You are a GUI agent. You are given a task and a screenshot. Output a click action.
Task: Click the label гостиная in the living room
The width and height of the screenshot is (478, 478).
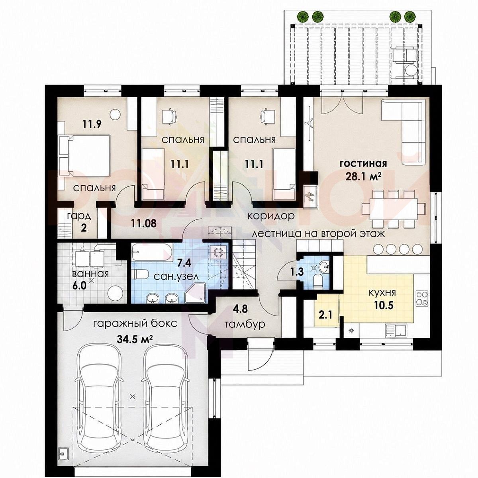click(x=363, y=164)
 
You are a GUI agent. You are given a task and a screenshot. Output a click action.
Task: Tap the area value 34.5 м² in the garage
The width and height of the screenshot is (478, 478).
click(x=134, y=339)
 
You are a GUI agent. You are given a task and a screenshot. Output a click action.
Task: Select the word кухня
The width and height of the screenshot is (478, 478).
click(x=382, y=293)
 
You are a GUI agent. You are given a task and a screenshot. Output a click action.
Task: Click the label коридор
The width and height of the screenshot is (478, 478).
click(x=271, y=216)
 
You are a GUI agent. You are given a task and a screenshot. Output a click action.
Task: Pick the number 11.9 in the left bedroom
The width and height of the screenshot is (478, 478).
click(x=92, y=123)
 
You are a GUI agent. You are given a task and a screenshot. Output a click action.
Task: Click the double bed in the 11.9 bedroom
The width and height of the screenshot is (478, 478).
click(x=84, y=155)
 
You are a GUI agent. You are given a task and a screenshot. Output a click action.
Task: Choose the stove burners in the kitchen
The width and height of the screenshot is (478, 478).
click(x=421, y=299)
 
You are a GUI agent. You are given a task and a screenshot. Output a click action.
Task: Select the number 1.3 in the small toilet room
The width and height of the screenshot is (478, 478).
click(x=297, y=272)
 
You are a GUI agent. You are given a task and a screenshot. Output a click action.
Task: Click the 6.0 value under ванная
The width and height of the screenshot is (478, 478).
click(x=79, y=286)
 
